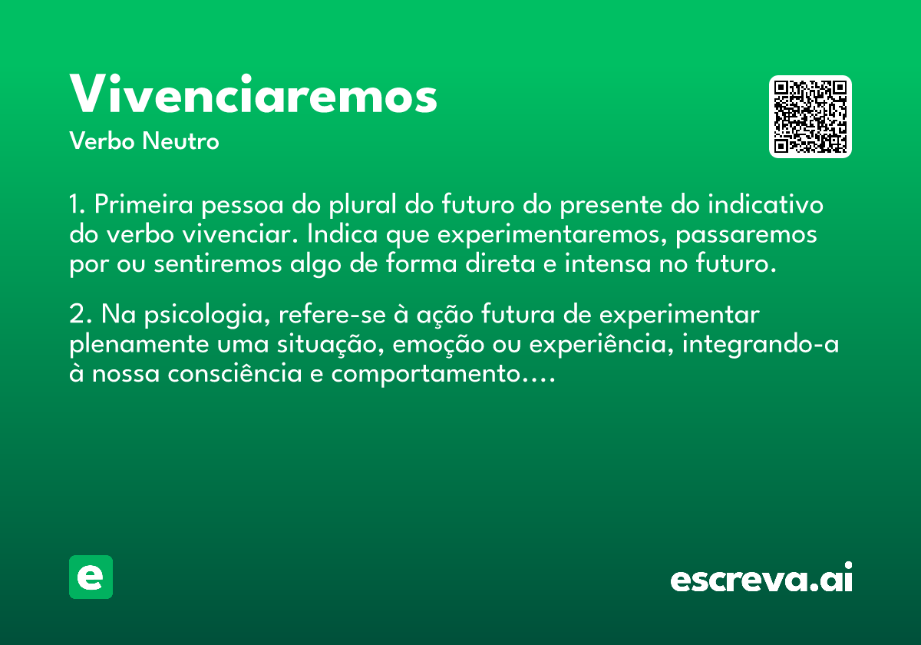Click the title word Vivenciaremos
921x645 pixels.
pyautogui.click(x=253, y=94)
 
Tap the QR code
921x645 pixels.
pyautogui.click(x=810, y=117)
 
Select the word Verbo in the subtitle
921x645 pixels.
pyautogui.click(x=102, y=141)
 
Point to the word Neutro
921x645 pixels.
pyautogui.click(x=180, y=141)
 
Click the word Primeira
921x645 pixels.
pyautogui.click(x=144, y=204)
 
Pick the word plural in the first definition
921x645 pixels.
pyautogui.click(x=362, y=205)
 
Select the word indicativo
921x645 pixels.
pyautogui.click(x=765, y=204)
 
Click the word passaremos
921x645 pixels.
pyautogui.click(x=746, y=235)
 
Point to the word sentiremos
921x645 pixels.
pyautogui.click(x=217, y=263)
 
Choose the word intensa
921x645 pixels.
pyautogui.click(x=608, y=263)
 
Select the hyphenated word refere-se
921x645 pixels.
pyautogui.click(x=332, y=315)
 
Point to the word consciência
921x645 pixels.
pyautogui.click(x=235, y=373)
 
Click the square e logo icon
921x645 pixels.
pyautogui.click(x=91, y=577)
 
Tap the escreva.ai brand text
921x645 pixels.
pyautogui.click(x=761, y=577)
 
